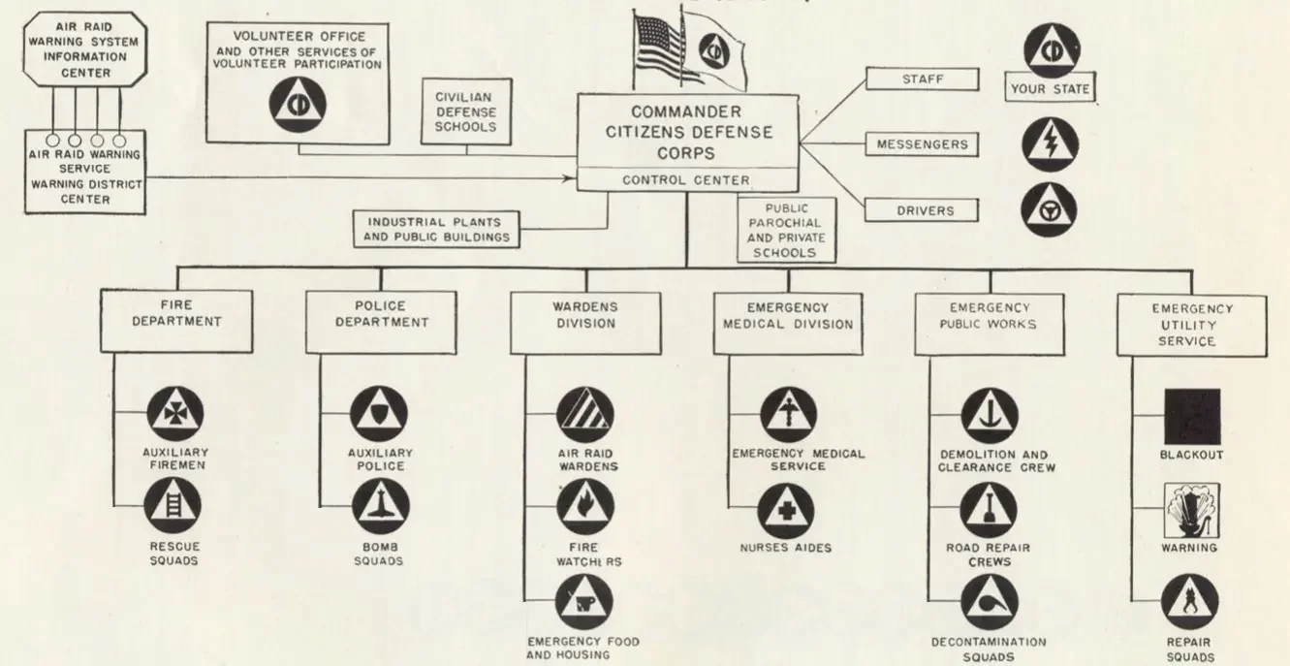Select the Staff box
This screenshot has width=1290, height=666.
coord(922,79)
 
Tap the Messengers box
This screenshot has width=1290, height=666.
coord(922,144)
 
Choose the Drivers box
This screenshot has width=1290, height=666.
coord(922,210)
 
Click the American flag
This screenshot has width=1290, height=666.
coord(657,48)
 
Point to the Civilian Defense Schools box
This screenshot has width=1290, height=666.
coord(467,113)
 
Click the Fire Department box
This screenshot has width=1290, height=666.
coord(175,314)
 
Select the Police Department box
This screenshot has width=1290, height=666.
coord(381,314)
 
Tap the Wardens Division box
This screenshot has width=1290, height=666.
coord(585,315)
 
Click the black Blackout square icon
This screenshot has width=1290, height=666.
coord(1191,417)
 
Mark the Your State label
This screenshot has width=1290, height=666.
coord(1050,89)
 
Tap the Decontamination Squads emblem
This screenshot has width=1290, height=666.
coord(989,602)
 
